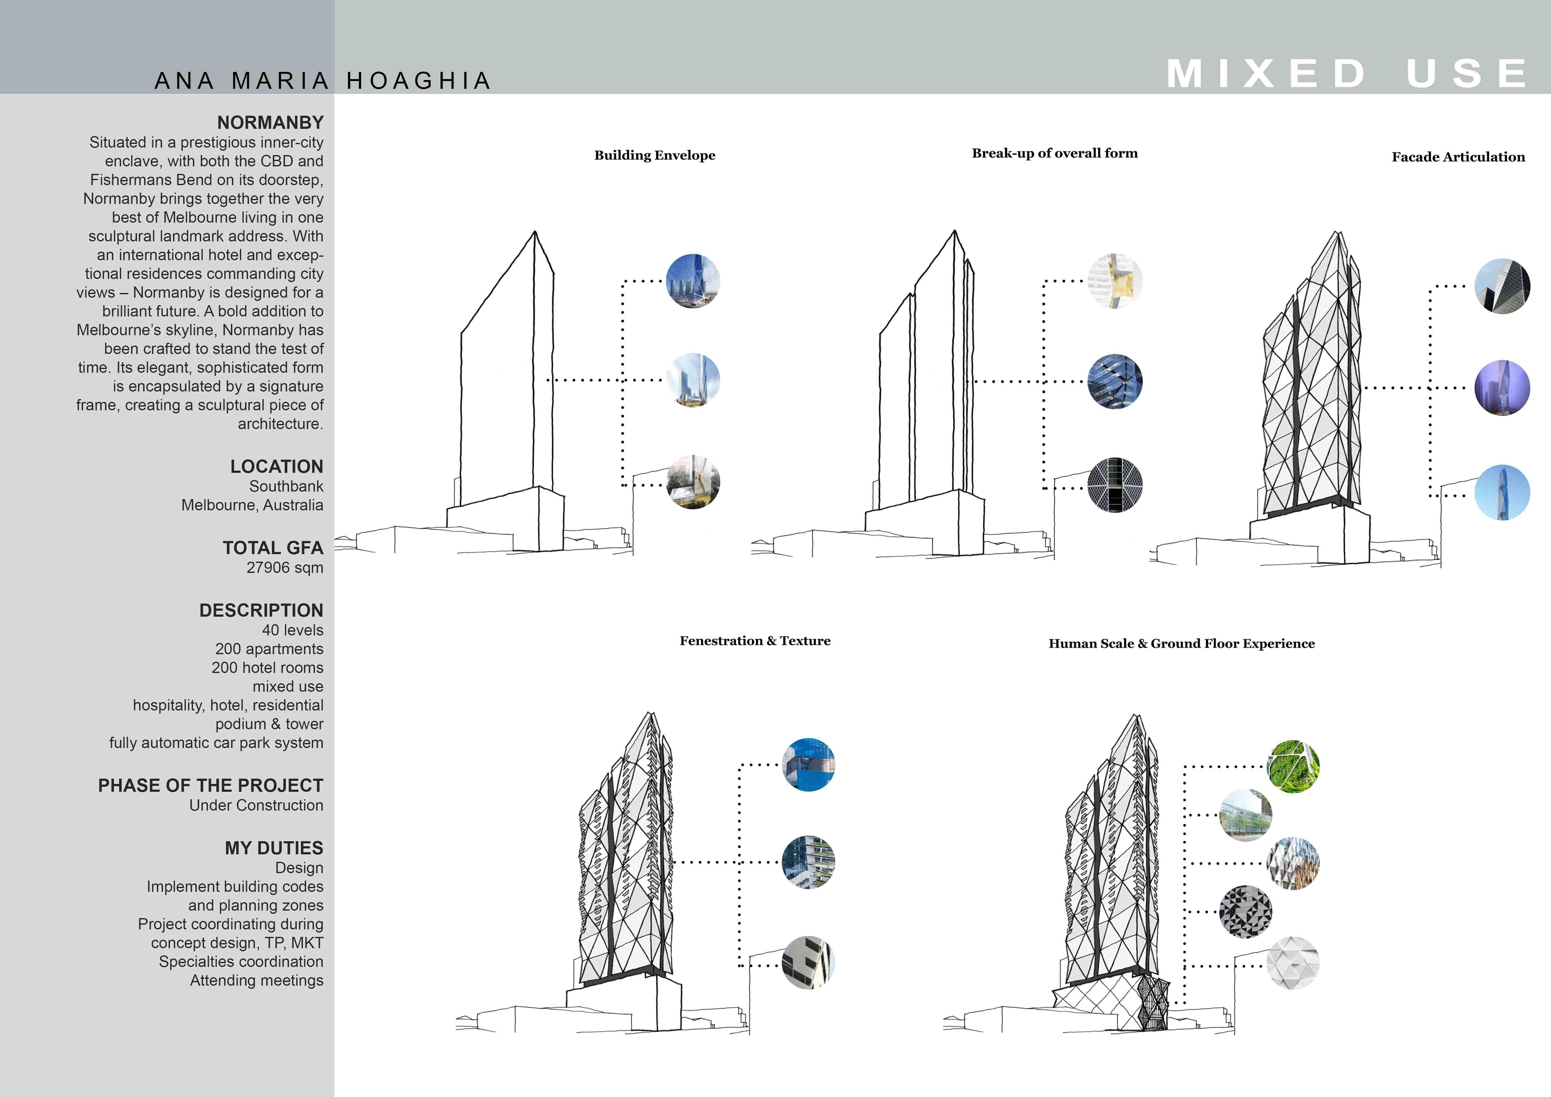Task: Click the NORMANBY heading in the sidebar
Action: tap(270, 123)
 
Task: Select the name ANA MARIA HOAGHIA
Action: tap(323, 81)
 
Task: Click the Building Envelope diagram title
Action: tap(655, 155)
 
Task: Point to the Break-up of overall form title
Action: tap(1055, 153)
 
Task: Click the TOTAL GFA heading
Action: tap(273, 548)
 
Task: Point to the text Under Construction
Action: tap(256, 805)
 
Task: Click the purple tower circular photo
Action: tap(1502, 388)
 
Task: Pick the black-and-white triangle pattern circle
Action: tap(1246, 912)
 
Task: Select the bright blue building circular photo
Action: tap(808, 765)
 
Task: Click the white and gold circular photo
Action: tap(1115, 281)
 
